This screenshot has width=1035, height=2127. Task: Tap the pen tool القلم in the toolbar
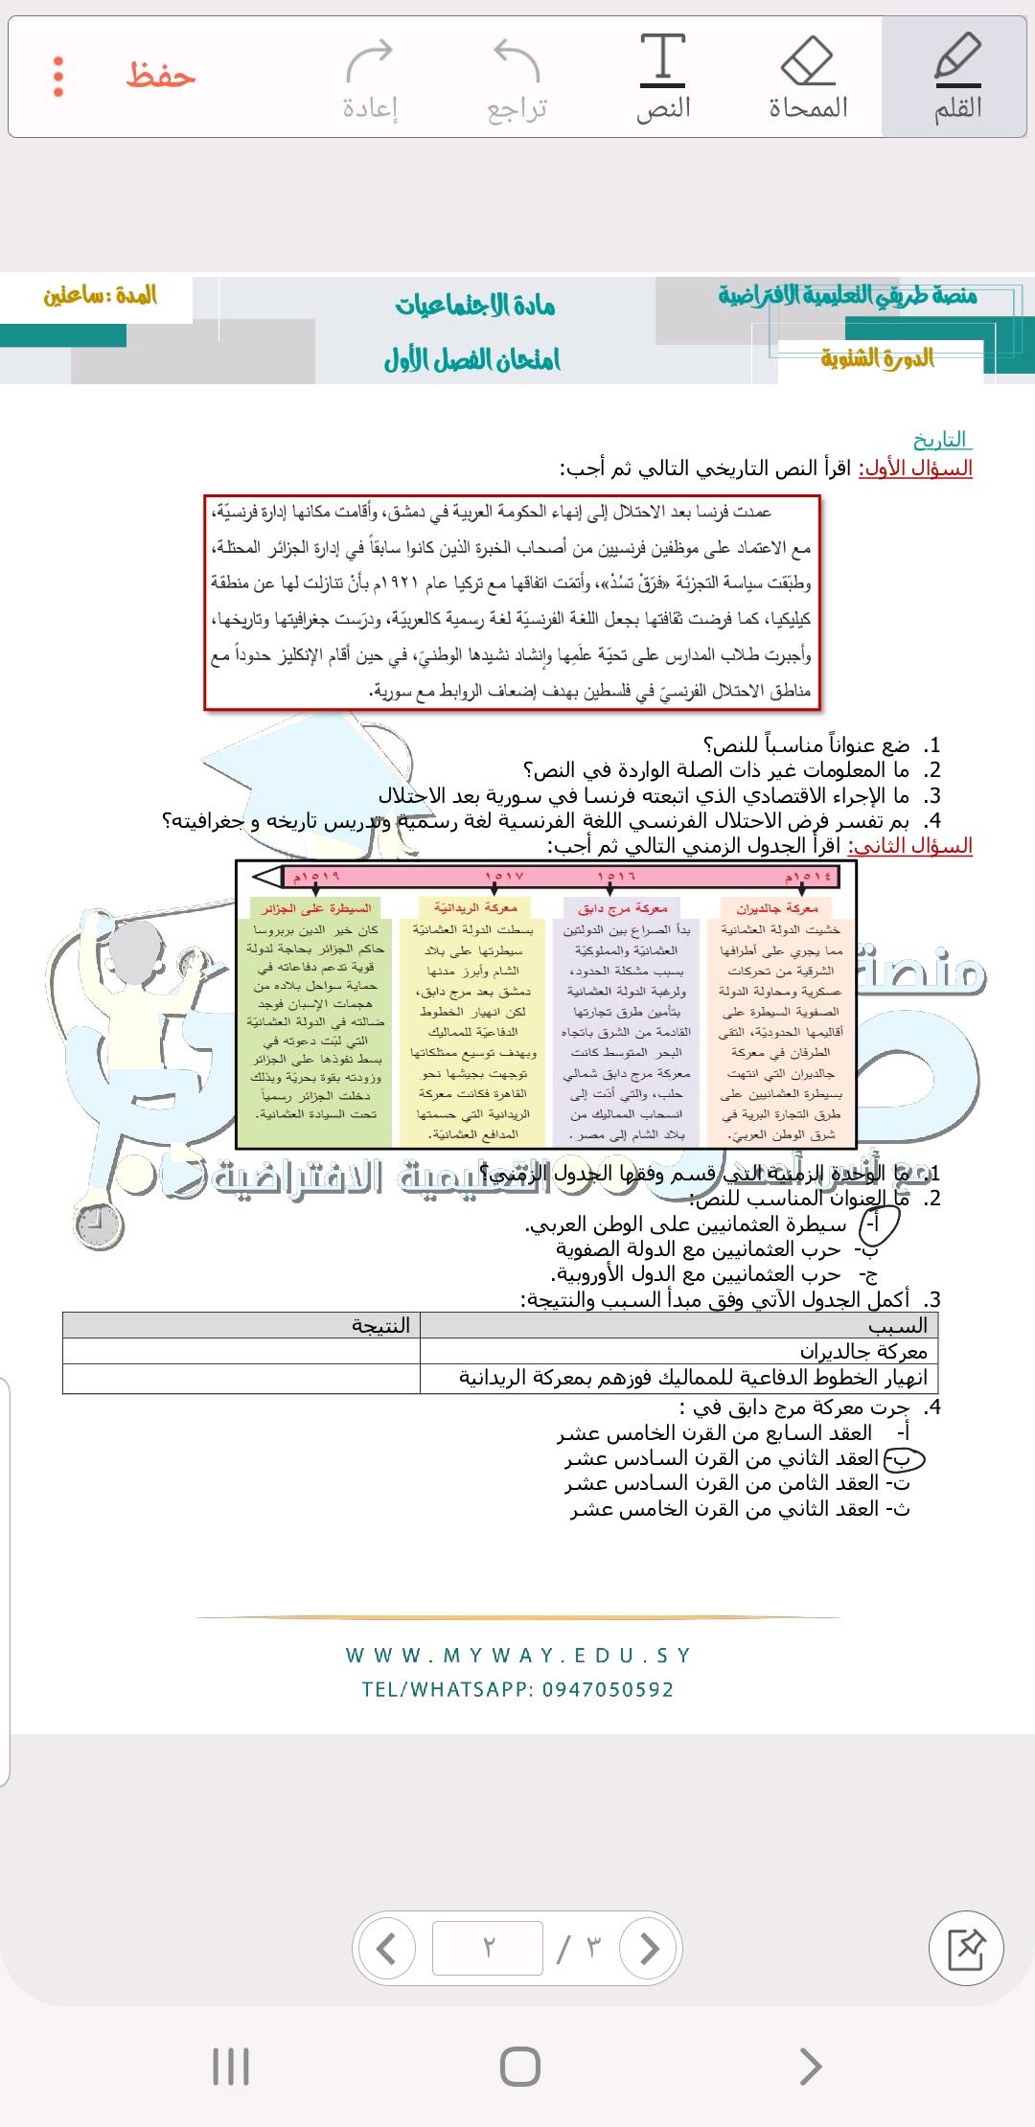click(x=957, y=78)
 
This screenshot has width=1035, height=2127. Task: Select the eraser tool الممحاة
click(x=808, y=78)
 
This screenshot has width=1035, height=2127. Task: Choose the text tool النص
click(x=663, y=78)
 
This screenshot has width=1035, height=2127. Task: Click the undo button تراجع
click(x=517, y=78)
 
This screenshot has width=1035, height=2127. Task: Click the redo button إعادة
click(x=370, y=78)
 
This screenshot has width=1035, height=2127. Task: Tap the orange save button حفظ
click(x=161, y=76)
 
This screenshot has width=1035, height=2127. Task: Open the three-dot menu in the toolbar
click(x=58, y=77)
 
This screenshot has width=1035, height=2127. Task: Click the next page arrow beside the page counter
click(x=649, y=1948)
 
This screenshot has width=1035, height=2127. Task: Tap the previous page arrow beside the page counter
click(x=385, y=1948)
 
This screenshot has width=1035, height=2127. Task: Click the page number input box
click(x=488, y=1948)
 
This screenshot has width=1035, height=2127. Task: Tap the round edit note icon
click(x=966, y=1948)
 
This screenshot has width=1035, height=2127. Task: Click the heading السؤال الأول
click(x=915, y=469)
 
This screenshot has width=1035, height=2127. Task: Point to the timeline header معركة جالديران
click(x=777, y=907)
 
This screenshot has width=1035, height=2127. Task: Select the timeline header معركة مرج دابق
click(x=623, y=907)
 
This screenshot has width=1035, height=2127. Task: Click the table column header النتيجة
click(x=380, y=1325)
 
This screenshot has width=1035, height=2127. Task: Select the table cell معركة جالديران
click(x=862, y=1352)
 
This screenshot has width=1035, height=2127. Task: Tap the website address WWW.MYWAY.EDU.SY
click(x=517, y=1656)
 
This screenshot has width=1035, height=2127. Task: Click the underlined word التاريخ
click(x=940, y=440)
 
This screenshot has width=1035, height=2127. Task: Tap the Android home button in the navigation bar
click(x=519, y=2067)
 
